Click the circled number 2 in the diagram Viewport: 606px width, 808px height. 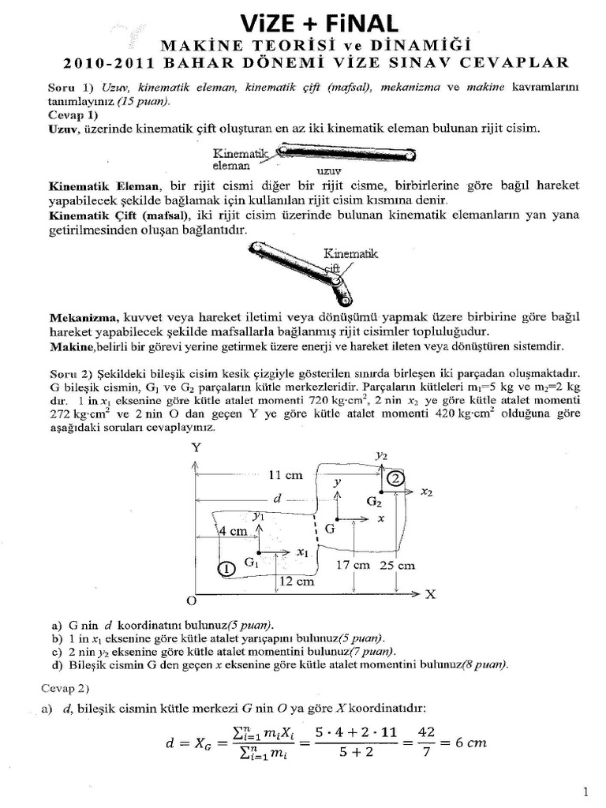tap(395, 478)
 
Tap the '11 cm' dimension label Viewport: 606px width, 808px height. tap(286, 476)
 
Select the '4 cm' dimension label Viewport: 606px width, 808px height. tap(233, 531)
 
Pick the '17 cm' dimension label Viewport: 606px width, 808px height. tap(352, 566)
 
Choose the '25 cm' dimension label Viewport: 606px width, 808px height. tap(398, 566)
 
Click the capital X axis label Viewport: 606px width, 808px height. tap(431, 593)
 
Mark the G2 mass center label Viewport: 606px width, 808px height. tap(374, 501)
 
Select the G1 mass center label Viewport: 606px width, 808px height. tap(252, 563)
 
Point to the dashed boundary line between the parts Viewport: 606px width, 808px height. tap(316, 530)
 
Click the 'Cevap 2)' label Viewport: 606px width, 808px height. tap(67, 688)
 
